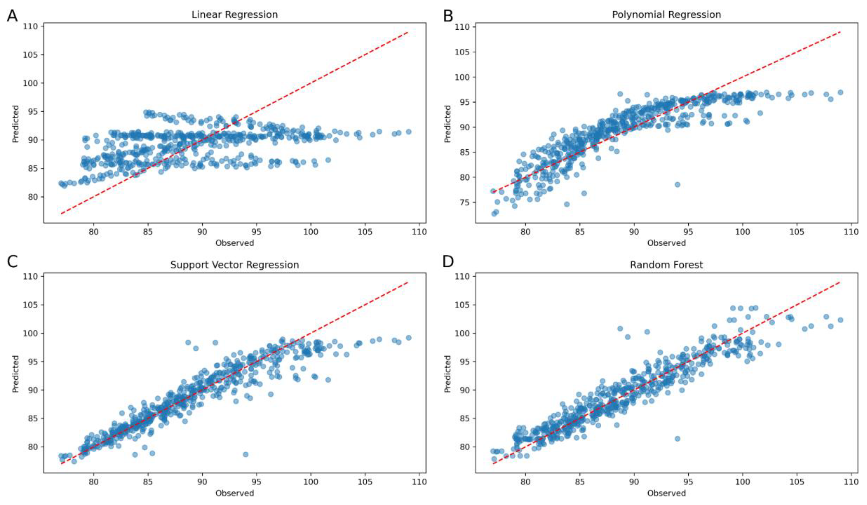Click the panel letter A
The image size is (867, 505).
(x=12, y=16)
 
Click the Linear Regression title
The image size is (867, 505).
(x=235, y=15)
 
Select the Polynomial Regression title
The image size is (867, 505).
(x=666, y=15)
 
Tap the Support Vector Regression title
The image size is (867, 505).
(x=235, y=265)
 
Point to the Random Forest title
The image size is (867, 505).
(x=666, y=265)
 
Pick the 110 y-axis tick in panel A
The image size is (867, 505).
(x=31, y=26)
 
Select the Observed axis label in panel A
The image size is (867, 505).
(x=235, y=243)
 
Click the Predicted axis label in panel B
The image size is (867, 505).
(x=447, y=124)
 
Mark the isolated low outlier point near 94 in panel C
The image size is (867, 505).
(x=245, y=454)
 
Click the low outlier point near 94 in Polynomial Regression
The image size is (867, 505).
(x=678, y=185)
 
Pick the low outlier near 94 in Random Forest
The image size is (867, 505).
(x=678, y=439)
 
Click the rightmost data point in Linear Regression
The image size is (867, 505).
(x=409, y=132)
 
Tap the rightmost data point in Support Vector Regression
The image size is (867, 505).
(x=409, y=338)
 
